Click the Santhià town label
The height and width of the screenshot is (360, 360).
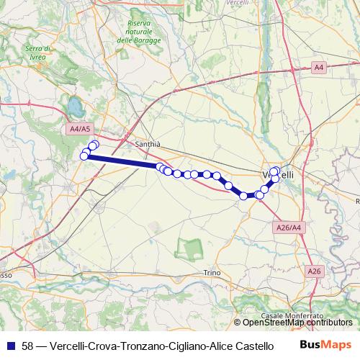(x=147, y=144)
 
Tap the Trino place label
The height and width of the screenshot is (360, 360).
(x=211, y=272)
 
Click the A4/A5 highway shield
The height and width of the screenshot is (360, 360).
(x=80, y=129)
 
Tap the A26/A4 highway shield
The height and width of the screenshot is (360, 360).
(x=288, y=227)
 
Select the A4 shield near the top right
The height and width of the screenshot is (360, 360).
(x=319, y=67)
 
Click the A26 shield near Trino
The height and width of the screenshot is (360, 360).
(x=313, y=271)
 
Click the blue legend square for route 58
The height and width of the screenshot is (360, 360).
(x=11, y=346)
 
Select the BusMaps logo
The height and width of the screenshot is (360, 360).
(x=326, y=345)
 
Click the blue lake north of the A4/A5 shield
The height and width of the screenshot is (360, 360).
(x=74, y=109)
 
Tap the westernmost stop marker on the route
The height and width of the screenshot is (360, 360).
(x=84, y=156)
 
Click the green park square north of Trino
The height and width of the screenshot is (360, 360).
(x=190, y=250)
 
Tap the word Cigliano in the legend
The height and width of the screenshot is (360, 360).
(x=185, y=346)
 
